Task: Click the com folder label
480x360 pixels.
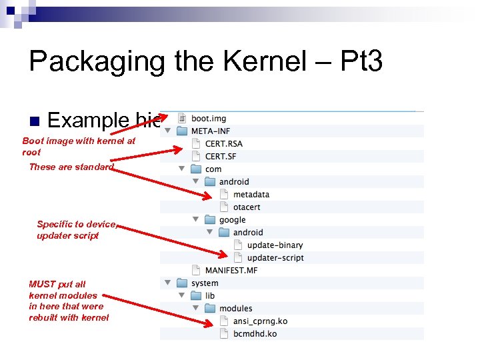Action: click(213, 169)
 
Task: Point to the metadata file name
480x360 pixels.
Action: click(251, 195)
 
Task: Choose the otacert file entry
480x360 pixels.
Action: click(247, 207)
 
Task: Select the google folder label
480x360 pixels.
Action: click(232, 220)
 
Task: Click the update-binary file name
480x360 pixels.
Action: click(275, 245)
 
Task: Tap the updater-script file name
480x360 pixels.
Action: click(275, 258)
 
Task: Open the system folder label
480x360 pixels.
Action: click(204, 283)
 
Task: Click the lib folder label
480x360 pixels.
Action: click(210, 296)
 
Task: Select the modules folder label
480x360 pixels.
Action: click(235, 309)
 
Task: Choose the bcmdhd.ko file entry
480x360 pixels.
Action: click(255, 334)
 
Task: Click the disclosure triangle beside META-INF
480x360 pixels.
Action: click(168, 131)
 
